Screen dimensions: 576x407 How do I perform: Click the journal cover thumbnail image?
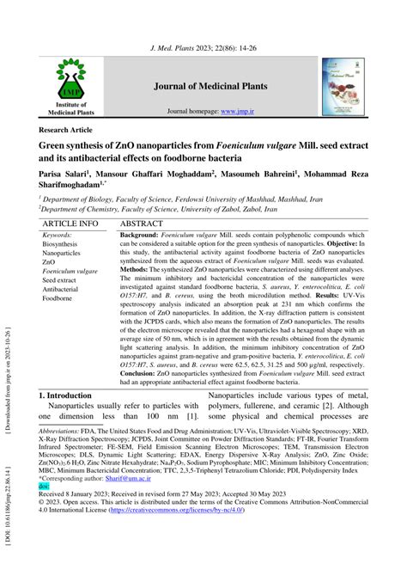tap(343, 87)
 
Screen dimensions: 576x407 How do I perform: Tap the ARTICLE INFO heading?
tap(70, 224)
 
